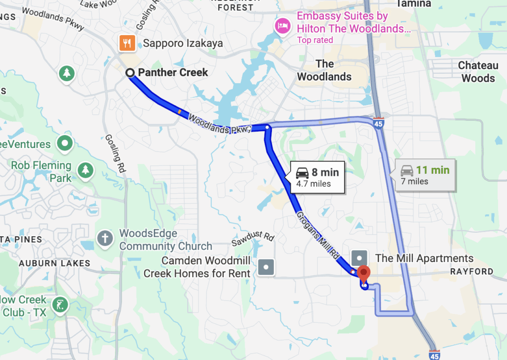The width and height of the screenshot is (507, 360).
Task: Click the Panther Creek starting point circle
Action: pyautogui.click(x=130, y=73)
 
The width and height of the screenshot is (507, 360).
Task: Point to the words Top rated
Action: pyautogui.click(x=315, y=40)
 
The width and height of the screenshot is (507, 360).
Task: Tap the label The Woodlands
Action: pyautogui.click(x=324, y=70)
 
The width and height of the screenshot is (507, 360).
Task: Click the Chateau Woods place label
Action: pyautogui.click(x=478, y=72)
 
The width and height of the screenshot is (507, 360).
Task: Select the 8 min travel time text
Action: pyautogui.click(x=325, y=172)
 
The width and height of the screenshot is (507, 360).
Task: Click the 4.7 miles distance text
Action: pyautogui.click(x=313, y=184)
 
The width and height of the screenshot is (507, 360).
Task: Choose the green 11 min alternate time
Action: pyautogui.click(x=432, y=170)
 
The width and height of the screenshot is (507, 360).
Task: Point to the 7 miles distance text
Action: pyautogui.click(x=415, y=181)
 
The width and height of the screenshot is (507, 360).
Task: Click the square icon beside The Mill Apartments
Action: pyautogui.click(x=359, y=258)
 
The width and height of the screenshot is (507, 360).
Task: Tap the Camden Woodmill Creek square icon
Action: pyautogui.click(x=266, y=267)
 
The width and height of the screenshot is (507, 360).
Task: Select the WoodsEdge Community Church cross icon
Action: pyautogui.click(x=105, y=238)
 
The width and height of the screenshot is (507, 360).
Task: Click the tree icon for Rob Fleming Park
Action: pyautogui.click(x=87, y=170)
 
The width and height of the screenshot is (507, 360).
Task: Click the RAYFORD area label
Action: pyautogui.click(x=471, y=271)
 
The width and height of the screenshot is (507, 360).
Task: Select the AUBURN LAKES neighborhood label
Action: pyautogui.click(x=54, y=263)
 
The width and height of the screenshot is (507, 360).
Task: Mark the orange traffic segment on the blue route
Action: pyautogui.click(x=179, y=111)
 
